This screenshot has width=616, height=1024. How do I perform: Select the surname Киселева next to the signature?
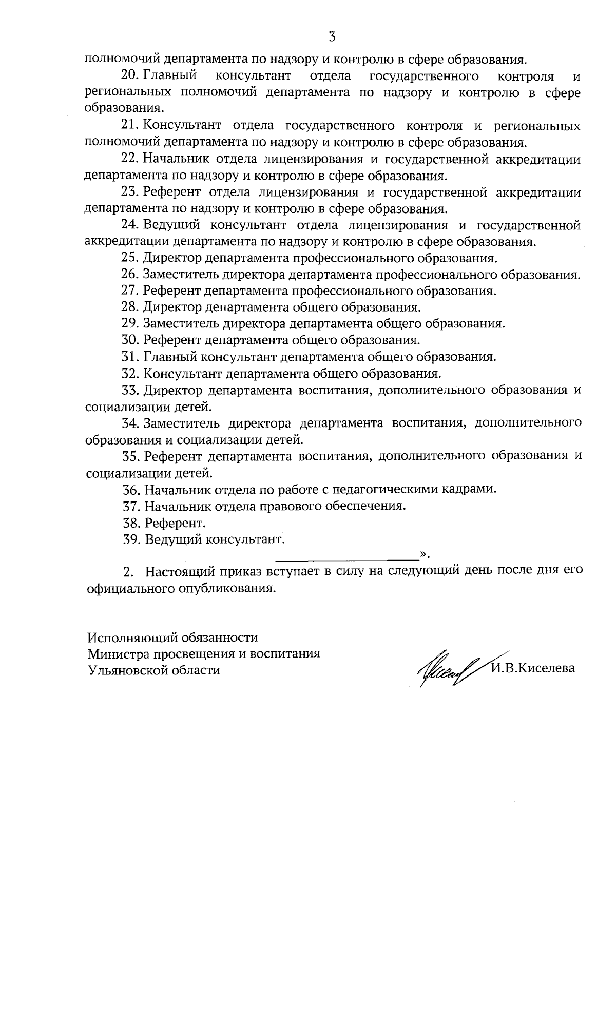click(x=547, y=668)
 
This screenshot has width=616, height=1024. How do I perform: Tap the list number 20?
click(x=130, y=76)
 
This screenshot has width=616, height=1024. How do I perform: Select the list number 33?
click(x=131, y=390)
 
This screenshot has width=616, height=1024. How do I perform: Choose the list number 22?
click(x=130, y=159)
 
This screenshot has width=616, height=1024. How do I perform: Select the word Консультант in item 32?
click(x=182, y=373)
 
